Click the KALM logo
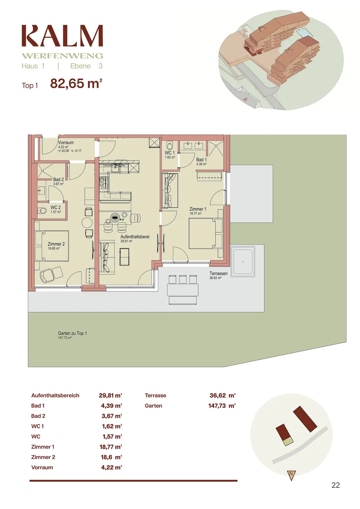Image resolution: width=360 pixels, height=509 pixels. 62,36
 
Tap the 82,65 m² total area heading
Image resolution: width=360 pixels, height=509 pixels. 76,84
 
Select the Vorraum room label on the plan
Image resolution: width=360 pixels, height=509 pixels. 66,143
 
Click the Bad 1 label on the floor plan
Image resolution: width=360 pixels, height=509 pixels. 201,160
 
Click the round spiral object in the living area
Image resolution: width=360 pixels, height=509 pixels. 115,218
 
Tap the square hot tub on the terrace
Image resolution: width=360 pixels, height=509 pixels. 243,261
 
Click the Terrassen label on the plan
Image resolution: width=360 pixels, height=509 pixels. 218,274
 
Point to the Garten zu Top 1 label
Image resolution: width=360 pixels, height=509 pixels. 72,333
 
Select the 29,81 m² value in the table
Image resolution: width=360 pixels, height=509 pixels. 110,395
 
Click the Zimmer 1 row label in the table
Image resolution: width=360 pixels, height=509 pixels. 43,447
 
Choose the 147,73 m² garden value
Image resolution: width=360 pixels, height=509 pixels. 222,406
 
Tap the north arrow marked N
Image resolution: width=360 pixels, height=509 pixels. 291,475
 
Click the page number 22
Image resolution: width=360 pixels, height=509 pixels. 335,485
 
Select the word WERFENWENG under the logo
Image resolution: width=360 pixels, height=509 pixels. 62,56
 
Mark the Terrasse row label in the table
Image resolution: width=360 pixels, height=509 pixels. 155,395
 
